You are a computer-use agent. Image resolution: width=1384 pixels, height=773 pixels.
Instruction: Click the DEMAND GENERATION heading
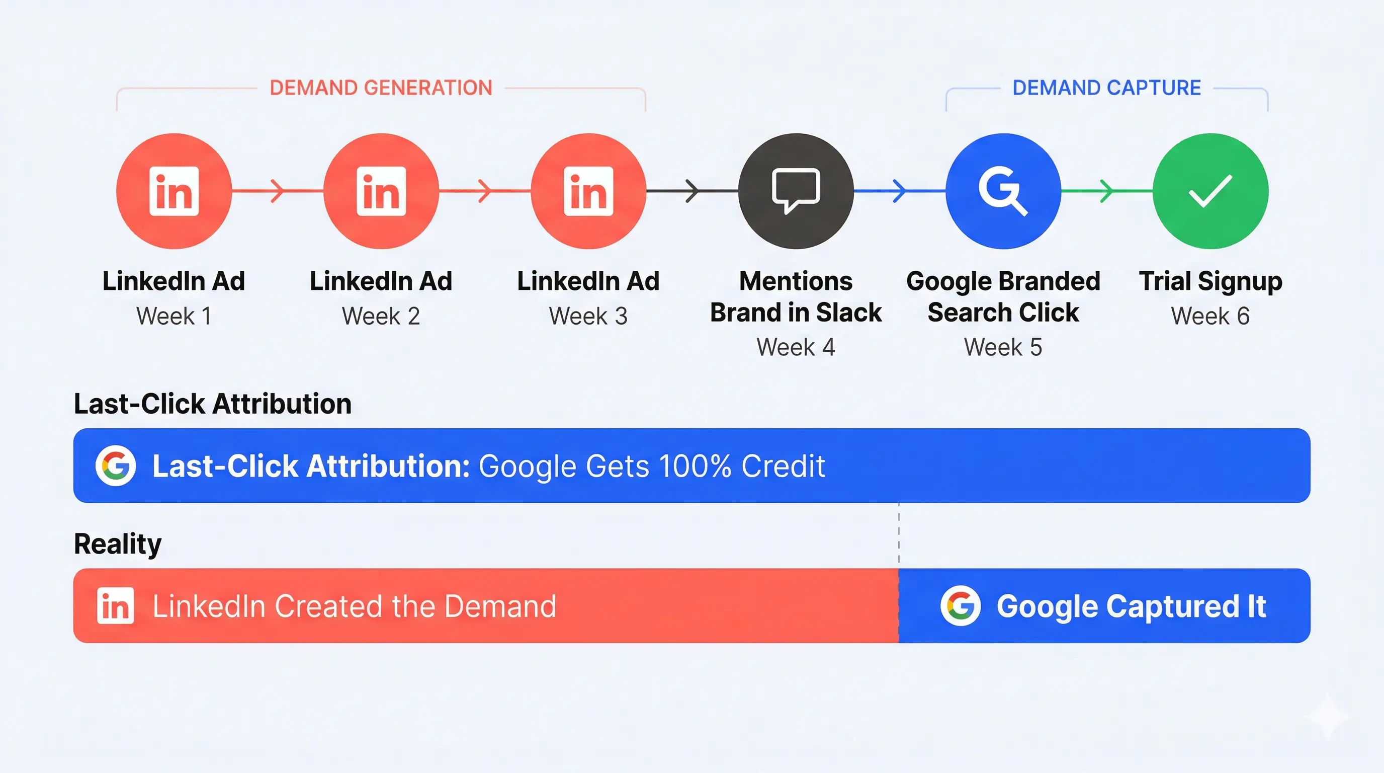coord(380,88)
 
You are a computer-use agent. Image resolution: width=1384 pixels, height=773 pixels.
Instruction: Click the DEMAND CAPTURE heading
coord(1106,88)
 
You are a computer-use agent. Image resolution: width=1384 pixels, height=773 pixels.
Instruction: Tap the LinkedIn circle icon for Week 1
coord(174,191)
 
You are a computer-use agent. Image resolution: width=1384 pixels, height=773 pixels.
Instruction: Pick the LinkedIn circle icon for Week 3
coord(588,191)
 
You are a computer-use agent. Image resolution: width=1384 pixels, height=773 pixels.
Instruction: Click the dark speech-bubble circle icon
coord(796,191)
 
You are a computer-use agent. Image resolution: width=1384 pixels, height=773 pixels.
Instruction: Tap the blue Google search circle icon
coord(1003,191)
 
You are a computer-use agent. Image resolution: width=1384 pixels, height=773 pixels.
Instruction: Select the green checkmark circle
coord(1210,191)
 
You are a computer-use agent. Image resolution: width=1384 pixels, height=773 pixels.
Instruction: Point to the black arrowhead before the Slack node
coord(692,191)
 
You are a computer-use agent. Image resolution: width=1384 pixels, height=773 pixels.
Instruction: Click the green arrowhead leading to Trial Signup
coord(1107,191)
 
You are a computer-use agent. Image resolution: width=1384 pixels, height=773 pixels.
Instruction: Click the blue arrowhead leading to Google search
coord(899,191)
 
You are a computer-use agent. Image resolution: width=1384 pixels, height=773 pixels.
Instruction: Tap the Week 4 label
coord(796,347)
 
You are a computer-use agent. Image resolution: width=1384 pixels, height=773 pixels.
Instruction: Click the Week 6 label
coord(1210,316)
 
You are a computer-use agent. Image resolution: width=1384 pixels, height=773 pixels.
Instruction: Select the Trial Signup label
coord(1210,281)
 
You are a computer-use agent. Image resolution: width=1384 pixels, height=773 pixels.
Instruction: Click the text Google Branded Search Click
coord(1003,297)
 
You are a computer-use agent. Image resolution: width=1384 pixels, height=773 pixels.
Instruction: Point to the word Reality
coord(118,544)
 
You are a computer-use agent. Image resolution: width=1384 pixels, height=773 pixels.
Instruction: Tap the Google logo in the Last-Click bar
coord(116,466)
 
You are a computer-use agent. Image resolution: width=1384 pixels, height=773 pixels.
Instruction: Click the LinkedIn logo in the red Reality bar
coord(116,606)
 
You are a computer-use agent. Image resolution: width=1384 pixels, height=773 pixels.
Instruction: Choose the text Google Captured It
coord(1132,606)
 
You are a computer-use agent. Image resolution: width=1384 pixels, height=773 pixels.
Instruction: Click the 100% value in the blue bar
coord(695,466)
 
